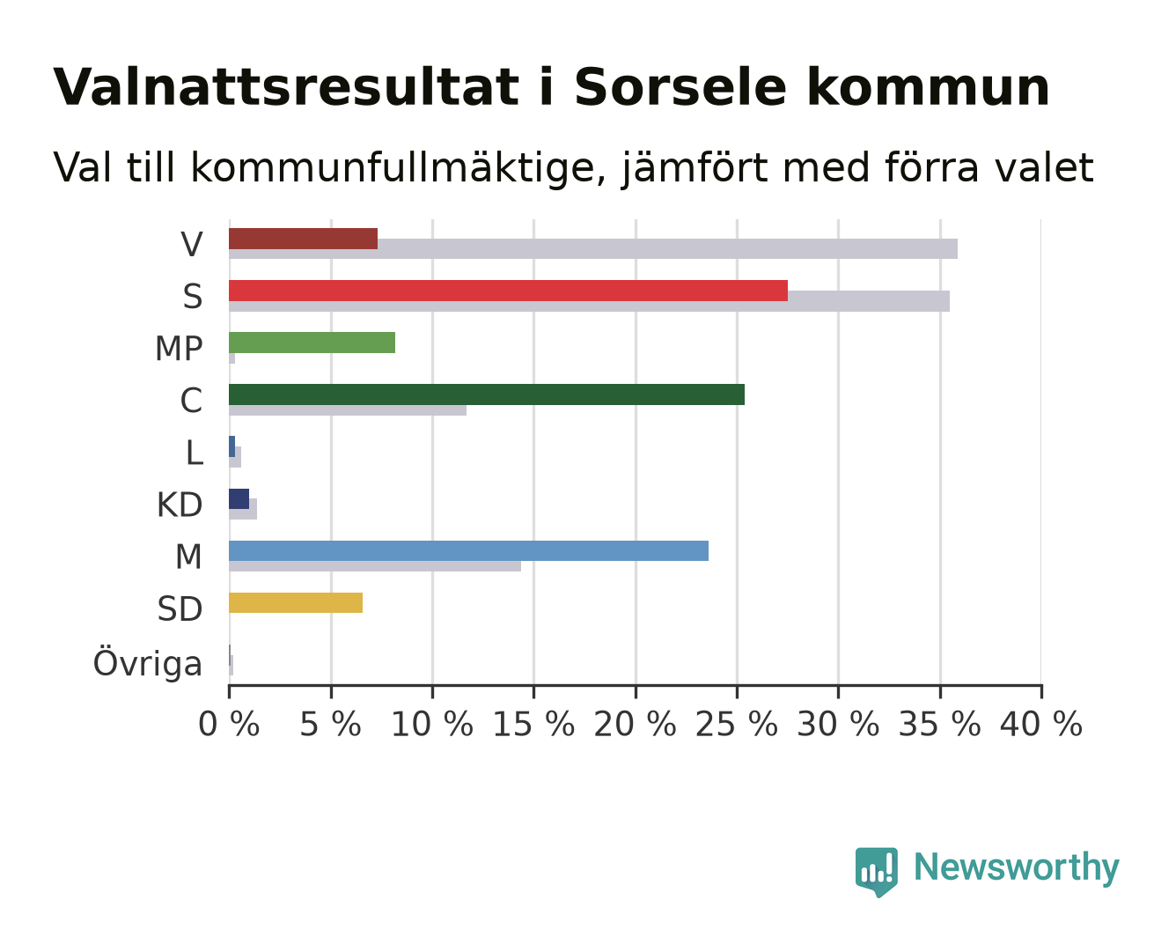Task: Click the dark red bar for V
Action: tap(303, 239)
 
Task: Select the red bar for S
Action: tap(509, 291)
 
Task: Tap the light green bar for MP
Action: tap(312, 343)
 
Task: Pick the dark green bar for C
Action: tap(487, 394)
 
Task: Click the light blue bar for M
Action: tap(469, 550)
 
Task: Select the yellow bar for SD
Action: tap(296, 602)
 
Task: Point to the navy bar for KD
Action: tap(239, 498)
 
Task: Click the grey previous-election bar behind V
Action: tap(593, 248)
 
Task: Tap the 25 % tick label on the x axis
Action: tap(737, 724)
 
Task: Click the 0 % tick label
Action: tap(229, 724)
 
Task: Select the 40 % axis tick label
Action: tap(1041, 724)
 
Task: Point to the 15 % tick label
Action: tap(533, 724)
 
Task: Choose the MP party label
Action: tap(179, 349)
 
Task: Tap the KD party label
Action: tap(180, 505)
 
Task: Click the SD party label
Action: tap(180, 609)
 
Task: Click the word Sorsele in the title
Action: tap(680, 87)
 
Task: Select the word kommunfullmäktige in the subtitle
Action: tap(398, 168)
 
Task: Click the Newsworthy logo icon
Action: tap(877, 872)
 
